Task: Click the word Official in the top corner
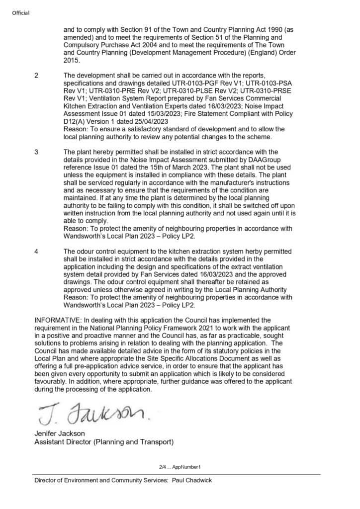click(21, 12)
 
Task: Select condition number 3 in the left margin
click(36, 152)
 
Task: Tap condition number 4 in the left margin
click(36, 252)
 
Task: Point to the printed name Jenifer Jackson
click(59, 433)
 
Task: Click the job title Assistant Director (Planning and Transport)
click(103, 441)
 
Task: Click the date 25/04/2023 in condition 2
click(148, 121)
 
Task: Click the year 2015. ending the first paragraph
click(72, 60)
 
